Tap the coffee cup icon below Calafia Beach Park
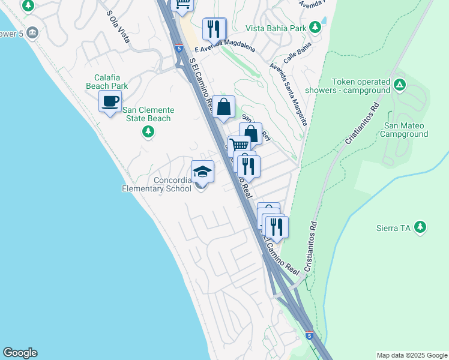click(110, 101)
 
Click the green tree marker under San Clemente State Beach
click(148, 131)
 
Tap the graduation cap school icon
click(202, 172)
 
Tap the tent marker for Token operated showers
click(400, 86)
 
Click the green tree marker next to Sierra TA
click(421, 227)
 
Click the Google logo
click(20, 353)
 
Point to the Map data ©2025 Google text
click(412, 355)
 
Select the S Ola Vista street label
click(118, 26)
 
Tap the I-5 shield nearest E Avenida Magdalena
click(179, 47)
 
